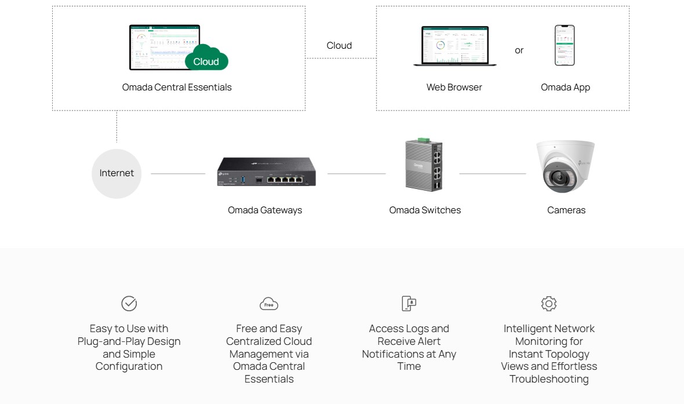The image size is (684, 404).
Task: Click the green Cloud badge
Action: coord(206,60)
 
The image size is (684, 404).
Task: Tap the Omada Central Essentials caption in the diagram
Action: coord(177,88)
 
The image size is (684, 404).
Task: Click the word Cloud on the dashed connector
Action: coord(339,45)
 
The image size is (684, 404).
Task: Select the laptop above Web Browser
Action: coord(454,46)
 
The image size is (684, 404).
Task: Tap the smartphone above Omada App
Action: coord(565,45)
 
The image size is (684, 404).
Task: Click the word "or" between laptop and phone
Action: coord(519,50)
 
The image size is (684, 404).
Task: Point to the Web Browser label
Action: coord(454,88)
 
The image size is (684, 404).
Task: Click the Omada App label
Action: coord(565,88)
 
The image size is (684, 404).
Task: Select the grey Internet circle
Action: coord(117,173)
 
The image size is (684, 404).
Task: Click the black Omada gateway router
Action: coord(267,172)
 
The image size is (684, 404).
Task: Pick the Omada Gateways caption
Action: coord(265,210)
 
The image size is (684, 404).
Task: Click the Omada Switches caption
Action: coord(425,210)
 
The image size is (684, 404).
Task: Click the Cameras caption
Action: coord(566,210)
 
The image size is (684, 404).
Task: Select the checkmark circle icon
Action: coord(129,303)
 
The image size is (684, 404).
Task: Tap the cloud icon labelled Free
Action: coord(269,304)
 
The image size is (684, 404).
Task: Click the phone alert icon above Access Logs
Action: coord(409,303)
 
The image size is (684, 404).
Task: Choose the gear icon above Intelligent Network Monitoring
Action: coord(548,303)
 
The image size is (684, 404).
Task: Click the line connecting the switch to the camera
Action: coord(493,173)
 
